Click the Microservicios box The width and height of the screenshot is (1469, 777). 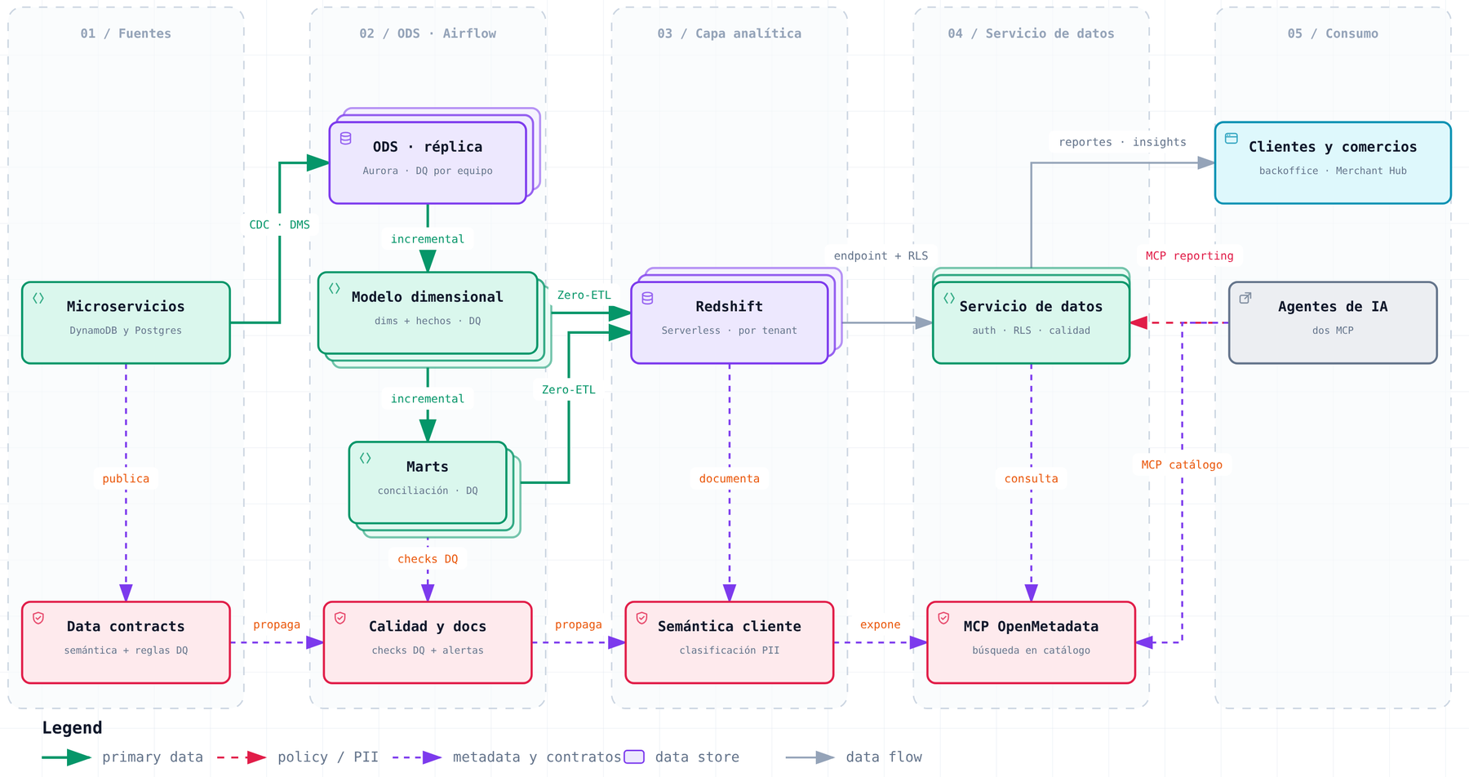pos(126,322)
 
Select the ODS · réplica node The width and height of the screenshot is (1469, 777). pos(428,162)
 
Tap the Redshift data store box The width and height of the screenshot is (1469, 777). pos(730,322)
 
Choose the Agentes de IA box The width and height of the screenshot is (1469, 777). pos(1333,322)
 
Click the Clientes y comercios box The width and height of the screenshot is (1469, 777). pos(1333,162)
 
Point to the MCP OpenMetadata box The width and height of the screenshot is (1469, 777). pos(1032,642)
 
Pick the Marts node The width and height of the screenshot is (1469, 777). pos(428,482)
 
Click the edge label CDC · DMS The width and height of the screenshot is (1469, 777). pos(280,224)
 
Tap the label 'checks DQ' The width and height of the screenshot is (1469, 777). pos(428,559)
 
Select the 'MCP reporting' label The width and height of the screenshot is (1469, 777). pos(1189,255)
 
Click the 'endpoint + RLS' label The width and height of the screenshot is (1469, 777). pos(881,255)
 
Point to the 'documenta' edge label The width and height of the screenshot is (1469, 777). pos(730,478)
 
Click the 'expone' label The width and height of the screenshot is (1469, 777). pos(881,624)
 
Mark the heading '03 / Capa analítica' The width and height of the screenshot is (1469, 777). pos(730,33)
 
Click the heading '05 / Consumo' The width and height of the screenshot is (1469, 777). pos(1333,33)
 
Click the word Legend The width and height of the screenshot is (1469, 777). pos(72,728)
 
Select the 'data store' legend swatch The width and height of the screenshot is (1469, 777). pos(634,757)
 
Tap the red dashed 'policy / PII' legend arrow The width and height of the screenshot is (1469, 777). pos(242,757)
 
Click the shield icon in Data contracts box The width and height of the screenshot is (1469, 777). pos(38,618)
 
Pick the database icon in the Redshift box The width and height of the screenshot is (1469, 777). pos(647,298)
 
